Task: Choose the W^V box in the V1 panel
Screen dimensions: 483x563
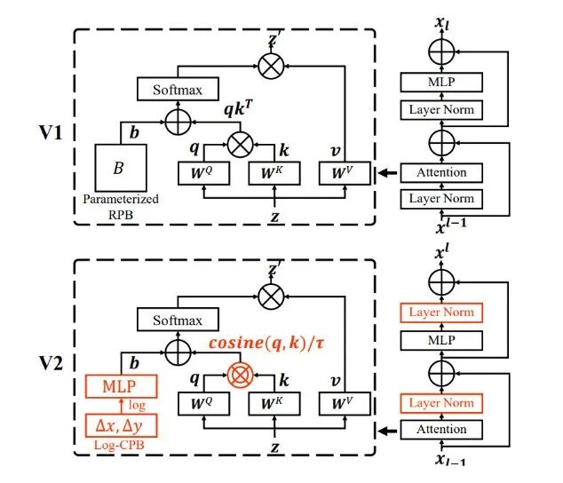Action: (344, 174)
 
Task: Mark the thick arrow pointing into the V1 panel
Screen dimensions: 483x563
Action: (385, 172)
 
